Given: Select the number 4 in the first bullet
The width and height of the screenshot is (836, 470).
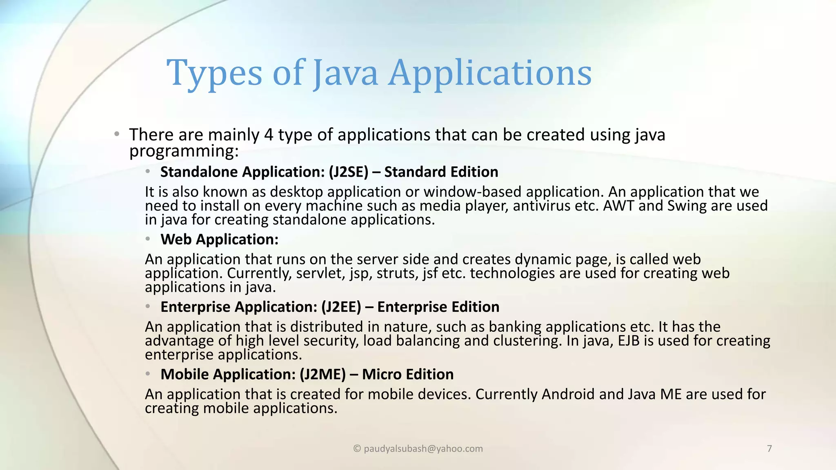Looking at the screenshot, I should (x=269, y=135).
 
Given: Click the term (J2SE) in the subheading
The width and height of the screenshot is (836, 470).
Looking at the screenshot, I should (x=349, y=172).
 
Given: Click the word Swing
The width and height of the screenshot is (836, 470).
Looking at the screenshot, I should (x=687, y=206).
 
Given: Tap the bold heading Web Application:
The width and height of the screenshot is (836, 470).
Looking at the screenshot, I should (x=219, y=239).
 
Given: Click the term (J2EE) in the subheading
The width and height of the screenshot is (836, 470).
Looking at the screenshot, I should (x=341, y=307).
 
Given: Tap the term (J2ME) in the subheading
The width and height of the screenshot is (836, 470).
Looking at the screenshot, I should (x=322, y=374).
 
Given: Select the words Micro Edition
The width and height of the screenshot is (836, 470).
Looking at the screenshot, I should (x=408, y=374).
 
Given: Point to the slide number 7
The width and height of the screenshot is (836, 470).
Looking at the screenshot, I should (x=769, y=449).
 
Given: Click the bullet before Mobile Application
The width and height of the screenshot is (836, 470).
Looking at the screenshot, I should (x=148, y=374).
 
